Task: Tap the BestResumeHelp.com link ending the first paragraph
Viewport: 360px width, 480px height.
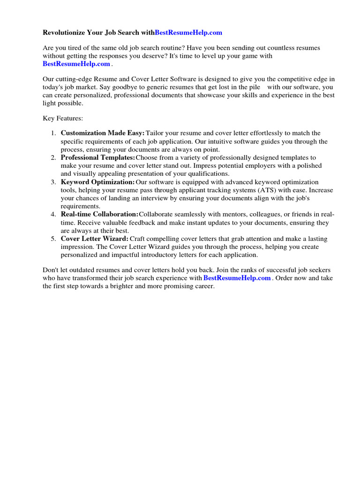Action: point(76,64)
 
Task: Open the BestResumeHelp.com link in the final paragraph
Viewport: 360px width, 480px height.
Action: point(237,278)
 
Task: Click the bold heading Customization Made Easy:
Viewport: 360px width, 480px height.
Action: point(103,133)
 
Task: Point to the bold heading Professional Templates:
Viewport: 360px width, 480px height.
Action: point(98,157)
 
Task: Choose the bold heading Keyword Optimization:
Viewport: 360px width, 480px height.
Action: point(97,182)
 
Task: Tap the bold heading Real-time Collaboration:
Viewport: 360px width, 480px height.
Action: point(99,214)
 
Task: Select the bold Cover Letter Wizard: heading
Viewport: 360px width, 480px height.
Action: point(94,239)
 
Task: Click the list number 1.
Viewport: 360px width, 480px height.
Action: point(53,134)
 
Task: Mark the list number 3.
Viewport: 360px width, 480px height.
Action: point(53,182)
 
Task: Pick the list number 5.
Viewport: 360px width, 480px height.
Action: point(53,239)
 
